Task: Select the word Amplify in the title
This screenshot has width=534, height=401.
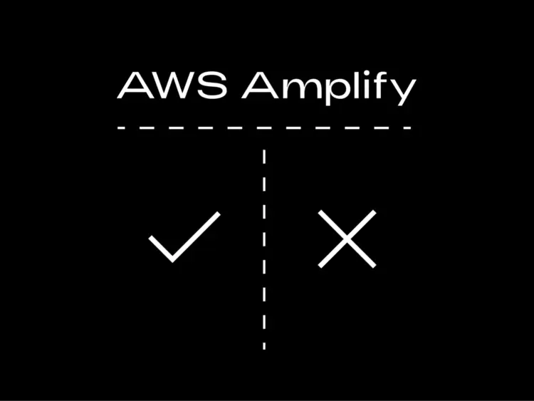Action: pos(328,88)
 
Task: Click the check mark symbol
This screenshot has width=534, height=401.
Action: pos(184,236)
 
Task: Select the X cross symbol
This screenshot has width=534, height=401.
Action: pos(347,239)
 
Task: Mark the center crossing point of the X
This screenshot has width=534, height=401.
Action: pos(347,239)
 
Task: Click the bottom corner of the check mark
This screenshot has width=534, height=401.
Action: pos(172,259)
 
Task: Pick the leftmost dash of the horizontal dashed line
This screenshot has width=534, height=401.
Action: pos(122,128)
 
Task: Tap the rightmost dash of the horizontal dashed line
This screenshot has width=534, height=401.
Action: pos(407,128)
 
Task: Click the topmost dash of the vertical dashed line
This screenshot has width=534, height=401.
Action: pos(265,154)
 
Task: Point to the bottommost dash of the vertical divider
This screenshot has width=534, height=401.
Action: pos(264,345)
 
